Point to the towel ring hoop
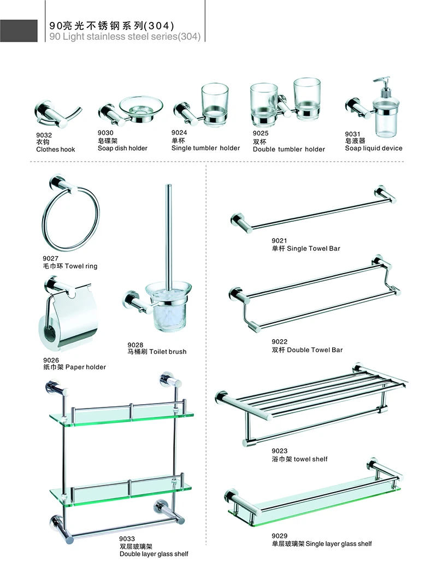[71, 218]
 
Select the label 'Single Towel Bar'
[314, 248]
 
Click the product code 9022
[279, 342]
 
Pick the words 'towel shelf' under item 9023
[310, 459]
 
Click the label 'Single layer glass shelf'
[339, 543]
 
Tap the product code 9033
[128, 539]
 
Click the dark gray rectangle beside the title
[19, 31]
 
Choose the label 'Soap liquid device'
[374, 148]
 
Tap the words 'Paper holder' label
[86, 367]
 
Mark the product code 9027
[50, 259]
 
